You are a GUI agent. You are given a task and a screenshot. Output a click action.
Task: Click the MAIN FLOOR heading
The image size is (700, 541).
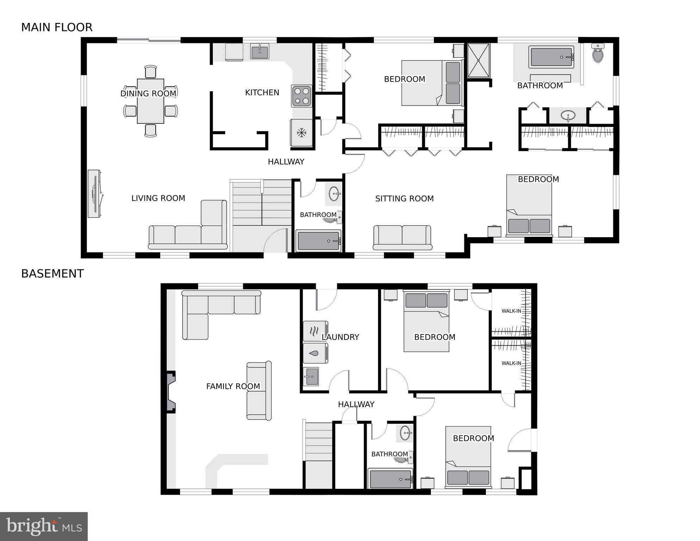[57, 27]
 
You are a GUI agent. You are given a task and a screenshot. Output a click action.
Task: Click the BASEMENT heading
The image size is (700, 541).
[52, 274]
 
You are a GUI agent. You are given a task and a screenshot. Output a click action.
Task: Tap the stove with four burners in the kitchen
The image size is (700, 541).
[302, 96]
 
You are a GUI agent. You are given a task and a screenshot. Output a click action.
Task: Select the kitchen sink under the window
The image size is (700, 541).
[260, 51]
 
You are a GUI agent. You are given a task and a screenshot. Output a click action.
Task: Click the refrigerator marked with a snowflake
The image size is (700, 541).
[301, 133]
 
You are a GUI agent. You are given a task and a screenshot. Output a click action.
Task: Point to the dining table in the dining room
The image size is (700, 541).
[150, 101]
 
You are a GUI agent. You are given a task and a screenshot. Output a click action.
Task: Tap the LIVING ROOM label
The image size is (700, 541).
[158, 198]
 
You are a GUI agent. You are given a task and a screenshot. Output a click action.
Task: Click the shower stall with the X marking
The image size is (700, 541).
[478, 61]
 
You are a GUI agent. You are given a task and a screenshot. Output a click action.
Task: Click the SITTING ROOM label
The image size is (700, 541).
[404, 199]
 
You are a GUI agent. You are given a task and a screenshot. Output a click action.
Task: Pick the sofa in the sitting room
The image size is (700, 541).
[402, 238]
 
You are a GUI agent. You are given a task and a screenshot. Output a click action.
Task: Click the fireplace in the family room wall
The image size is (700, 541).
[171, 392]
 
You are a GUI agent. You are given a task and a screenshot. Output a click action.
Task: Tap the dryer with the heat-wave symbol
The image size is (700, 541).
[315, 331]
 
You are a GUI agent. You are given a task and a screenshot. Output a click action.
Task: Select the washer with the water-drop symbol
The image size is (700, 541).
[315, 353]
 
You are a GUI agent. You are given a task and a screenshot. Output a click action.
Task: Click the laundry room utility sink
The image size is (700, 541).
[311, 376]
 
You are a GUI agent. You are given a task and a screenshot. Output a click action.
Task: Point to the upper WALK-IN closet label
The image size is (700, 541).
[511, 311]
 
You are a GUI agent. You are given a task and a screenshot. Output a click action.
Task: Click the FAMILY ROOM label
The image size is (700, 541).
[233, 387]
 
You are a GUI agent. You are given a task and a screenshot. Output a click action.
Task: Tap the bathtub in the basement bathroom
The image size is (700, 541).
[390, 479]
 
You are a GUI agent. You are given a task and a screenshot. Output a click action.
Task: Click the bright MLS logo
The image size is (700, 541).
[44, 526]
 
